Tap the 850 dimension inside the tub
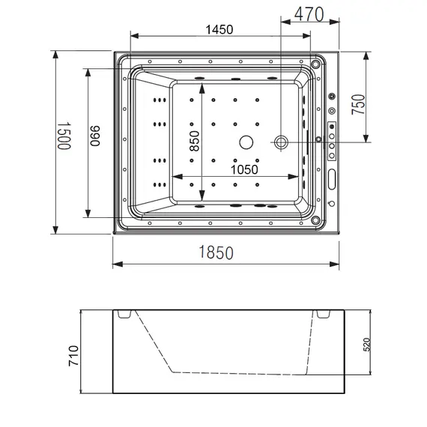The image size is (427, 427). pyautogui.click(x=194, y=137)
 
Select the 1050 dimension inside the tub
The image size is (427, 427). pyautogui.click(x=243, y=169)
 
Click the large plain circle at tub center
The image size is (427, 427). pyautogui.click(x=246, y=141)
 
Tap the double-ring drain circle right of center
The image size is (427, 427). pyautogui.click(x=282, y=142)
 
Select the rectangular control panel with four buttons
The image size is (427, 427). pyautogui.click(x=332, y=139)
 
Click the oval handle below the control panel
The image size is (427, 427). pyautogui.click(x=332, y=180)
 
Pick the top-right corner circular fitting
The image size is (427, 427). pyautogui.click(x=316, y=64)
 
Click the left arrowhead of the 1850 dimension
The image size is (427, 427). pyautogui.click(x=115, y=264)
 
